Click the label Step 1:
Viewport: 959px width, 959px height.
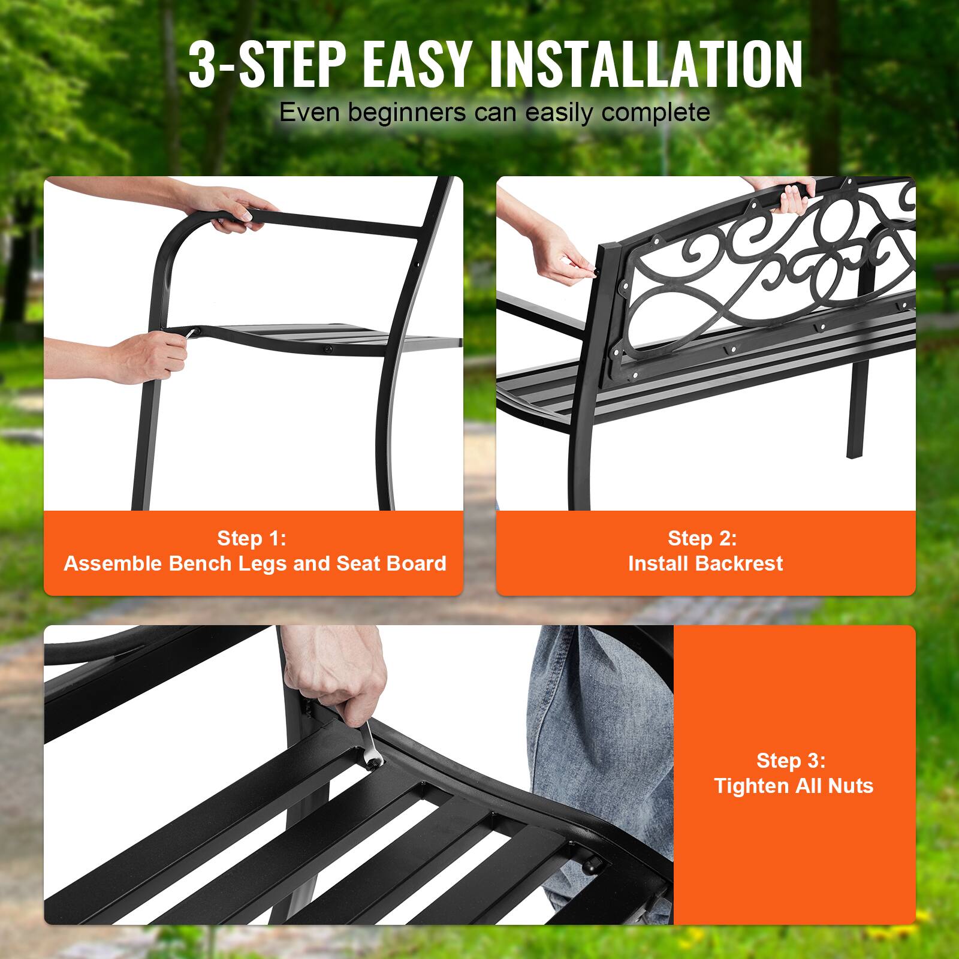click(x=252, y=538)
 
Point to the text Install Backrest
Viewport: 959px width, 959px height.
click(x=705, y=563)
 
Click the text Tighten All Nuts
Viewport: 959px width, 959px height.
click(x=794, y=786)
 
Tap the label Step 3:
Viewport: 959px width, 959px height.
click(x=791, y=761)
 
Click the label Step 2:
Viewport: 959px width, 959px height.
click(x=702, y=538)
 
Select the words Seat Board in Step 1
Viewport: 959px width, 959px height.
click(x=391, y=563)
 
